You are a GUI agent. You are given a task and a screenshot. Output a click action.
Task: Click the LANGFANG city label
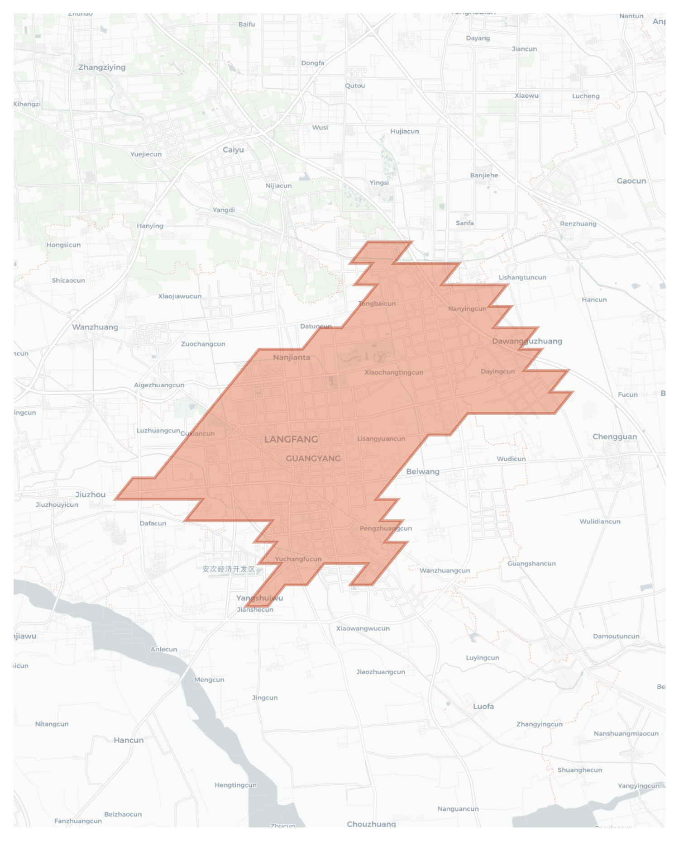coord(291,439)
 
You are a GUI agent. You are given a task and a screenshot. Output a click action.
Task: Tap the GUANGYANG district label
coord(313,458)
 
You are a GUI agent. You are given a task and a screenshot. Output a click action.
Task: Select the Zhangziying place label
coord(102,67)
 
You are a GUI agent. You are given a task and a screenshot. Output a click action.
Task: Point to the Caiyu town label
coord(233,150)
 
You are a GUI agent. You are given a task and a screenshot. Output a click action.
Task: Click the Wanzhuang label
coord(95,327)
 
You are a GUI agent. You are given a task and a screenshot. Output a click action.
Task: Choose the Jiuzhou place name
coord(91,494)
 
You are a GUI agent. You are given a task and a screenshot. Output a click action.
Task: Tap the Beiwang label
coord(423,471)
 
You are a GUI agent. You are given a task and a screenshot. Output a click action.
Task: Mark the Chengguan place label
coord(615,437)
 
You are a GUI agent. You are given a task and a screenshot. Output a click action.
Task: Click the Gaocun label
coord(631,181)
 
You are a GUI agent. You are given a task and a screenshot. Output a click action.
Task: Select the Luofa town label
coord(483,706)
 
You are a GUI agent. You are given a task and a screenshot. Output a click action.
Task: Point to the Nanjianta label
coord(292,357)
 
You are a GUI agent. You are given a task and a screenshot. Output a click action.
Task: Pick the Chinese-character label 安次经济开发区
coord(229,569)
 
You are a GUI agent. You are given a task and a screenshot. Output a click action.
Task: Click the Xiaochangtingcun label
coord(394,372)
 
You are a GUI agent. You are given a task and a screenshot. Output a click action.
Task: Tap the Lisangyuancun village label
coord(381,438)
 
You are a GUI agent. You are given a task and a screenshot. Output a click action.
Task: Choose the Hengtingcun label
coord(235,785)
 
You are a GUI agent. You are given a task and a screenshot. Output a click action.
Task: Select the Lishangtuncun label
coord(522,277)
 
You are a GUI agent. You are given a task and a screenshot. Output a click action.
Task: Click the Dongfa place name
coord(313,63)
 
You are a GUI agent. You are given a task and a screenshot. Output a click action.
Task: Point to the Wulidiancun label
coord(600,521)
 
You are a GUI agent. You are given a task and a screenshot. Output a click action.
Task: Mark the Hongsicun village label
coord(63,245)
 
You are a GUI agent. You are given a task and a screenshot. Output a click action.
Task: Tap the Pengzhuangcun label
coord(386,528)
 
